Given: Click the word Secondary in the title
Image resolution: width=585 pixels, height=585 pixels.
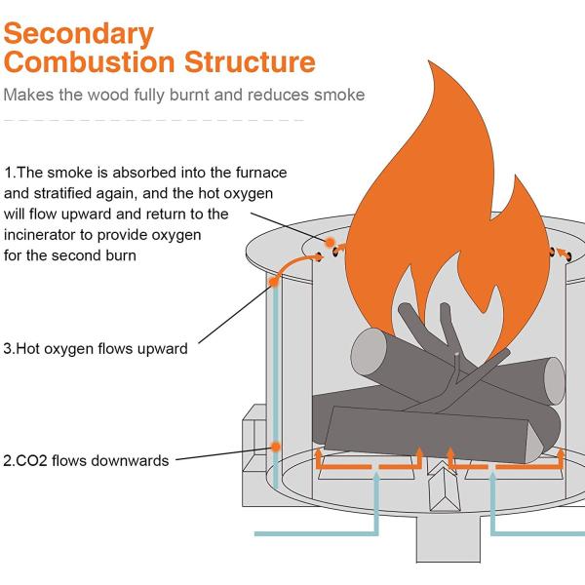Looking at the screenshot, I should [79, 33].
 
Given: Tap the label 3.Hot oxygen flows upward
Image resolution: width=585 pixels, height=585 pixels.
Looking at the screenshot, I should [96, 348].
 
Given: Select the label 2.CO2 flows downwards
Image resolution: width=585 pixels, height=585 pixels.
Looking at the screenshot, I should [86, 460].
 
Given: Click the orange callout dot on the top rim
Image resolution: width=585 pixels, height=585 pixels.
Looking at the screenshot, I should [331, 241].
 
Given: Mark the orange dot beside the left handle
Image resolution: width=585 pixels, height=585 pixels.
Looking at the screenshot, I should [277, 448].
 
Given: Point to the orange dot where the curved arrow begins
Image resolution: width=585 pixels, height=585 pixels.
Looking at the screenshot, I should [275, 281].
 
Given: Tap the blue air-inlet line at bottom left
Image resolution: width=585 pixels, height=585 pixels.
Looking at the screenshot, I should [312, 533].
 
